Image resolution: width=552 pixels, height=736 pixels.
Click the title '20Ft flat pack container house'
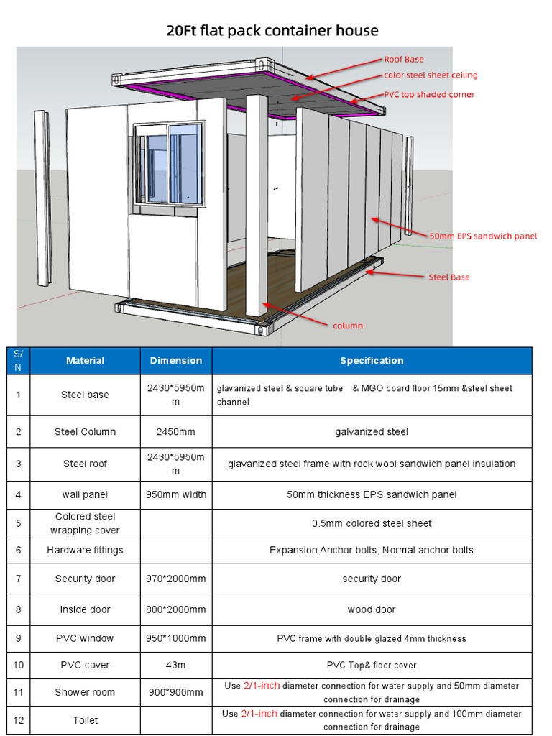tap(272, 30)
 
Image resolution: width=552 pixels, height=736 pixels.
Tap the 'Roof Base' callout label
tap(404, 60)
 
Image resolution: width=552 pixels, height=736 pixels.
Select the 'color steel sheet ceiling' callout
tap(431, 75)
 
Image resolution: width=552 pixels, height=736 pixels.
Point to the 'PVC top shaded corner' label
tap(429, 94)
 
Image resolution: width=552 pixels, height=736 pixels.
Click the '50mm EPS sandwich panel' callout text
tap(483, 236)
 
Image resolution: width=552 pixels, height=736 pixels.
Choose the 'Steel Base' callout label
tap(449, 277)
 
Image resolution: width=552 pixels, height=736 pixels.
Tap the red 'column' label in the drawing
tap(348, 326)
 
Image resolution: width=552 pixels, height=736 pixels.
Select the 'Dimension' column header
tap(176, 360)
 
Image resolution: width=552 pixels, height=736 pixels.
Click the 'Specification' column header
tap(372, 360)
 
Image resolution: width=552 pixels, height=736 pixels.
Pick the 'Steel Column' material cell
tap(85, 431)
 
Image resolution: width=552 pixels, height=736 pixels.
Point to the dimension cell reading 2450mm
tap(176, 431)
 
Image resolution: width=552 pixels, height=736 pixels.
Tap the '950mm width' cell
tap(176, 494)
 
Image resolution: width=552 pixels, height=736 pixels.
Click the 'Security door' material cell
tap(85, 579)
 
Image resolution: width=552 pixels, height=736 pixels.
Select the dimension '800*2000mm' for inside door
tap(176, 609)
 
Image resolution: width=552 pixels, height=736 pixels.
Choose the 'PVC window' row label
tap(85, 638)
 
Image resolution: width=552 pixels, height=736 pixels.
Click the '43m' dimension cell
tap(176, 665)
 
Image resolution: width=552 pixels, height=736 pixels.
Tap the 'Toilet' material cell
tap(85, 720)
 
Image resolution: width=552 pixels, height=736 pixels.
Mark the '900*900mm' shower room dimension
tap(176, 692)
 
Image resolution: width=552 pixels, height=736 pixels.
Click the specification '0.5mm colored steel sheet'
tap(372, 523)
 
